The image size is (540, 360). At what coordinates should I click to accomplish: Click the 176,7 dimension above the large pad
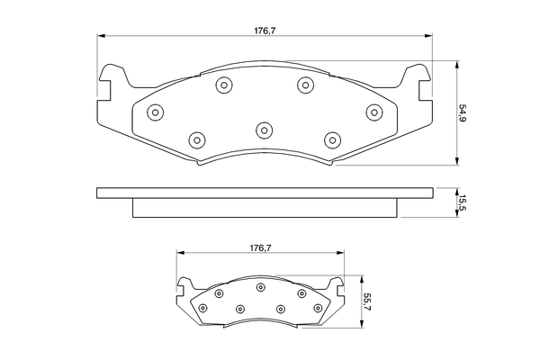[265, 31]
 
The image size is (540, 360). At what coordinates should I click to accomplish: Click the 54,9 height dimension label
[463, 114]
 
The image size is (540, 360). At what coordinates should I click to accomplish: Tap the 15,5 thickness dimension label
[463, 202]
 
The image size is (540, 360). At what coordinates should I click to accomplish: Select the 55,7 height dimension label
[367, 302]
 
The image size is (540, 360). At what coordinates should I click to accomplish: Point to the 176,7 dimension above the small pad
[261, 247]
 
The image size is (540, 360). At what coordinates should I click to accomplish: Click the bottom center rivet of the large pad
[264, 130]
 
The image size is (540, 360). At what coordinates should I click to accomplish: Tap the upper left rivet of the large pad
[224, 85]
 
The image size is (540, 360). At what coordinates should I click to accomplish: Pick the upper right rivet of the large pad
[305, 85]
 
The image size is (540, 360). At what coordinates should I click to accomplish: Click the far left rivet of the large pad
[155, 112]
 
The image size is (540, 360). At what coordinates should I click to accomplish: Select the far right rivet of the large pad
[374, 112]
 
